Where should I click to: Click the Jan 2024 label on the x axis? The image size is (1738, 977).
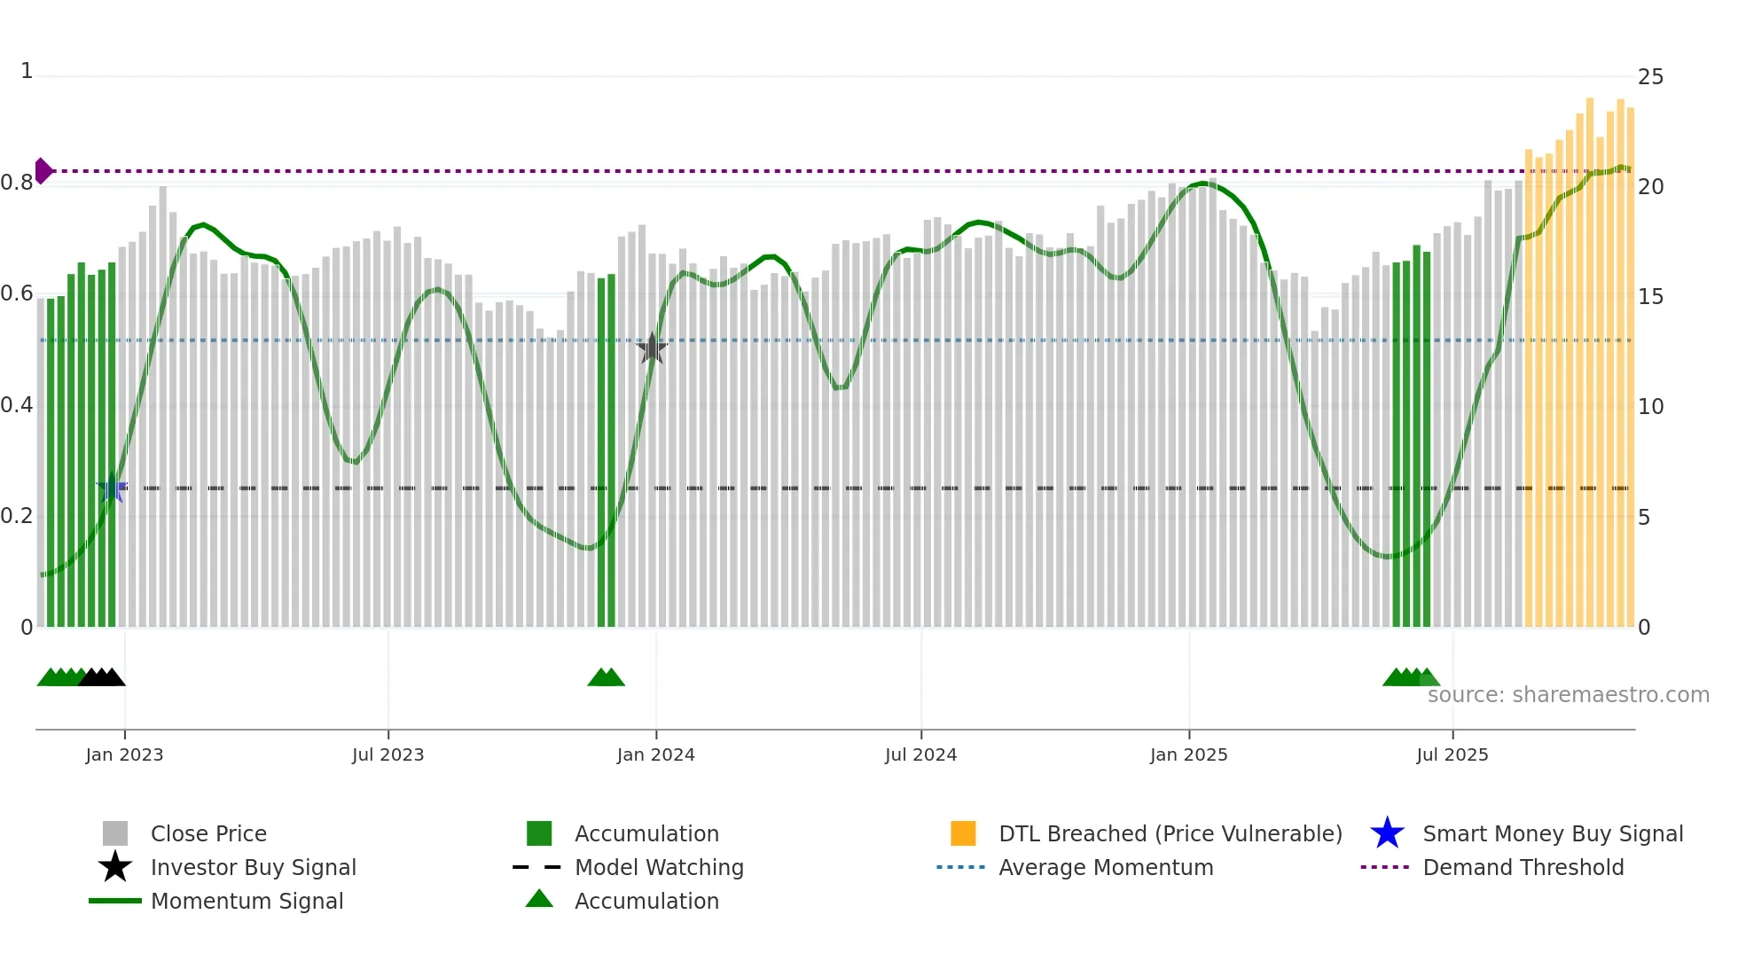(x=655, y=754)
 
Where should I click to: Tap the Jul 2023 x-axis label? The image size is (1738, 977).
(x=388, y=754)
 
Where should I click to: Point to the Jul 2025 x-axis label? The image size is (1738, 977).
(x=1452, y=754)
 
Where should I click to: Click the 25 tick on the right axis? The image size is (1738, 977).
(x=1650, y=77)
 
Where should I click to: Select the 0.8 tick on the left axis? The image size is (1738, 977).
(x=17, y=183)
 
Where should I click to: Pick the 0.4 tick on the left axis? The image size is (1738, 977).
(x=17, y=405)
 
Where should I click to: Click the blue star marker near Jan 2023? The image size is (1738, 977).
(x=112, y=488)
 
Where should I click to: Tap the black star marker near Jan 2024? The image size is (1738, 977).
(x=652, y=348)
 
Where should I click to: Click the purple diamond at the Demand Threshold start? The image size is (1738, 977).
(x=43, y=170)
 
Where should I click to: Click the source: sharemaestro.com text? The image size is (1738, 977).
(x=1568, y=694)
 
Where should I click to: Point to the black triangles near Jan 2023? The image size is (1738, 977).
(x=102, y=677)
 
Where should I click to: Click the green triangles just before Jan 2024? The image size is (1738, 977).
(x=606, y=677)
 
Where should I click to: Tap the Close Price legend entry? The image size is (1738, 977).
(x=207, y=833)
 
